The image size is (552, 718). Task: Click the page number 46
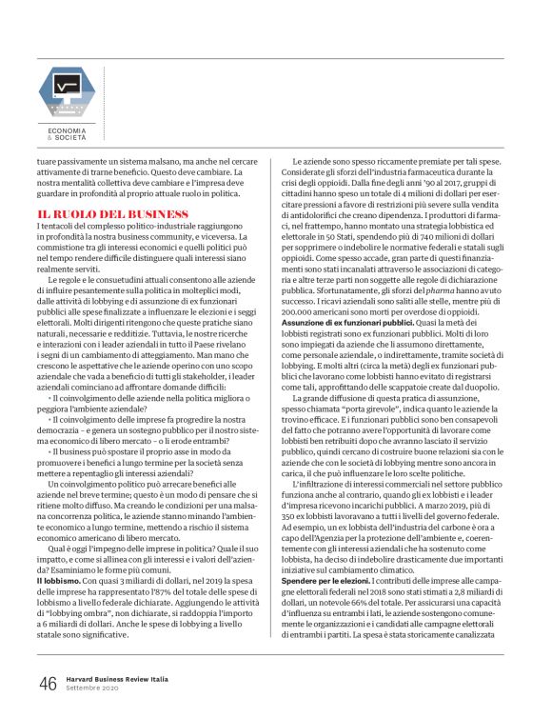click(48, 683)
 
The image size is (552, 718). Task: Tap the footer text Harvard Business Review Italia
click(112, 677)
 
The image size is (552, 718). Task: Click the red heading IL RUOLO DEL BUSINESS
click(100, 213)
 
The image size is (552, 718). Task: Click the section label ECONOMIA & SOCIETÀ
click(68, 134)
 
